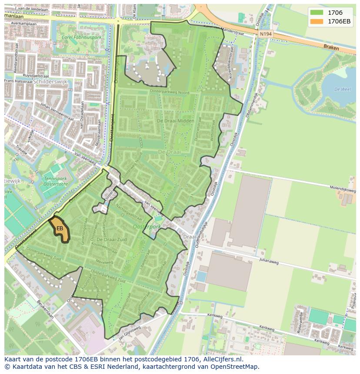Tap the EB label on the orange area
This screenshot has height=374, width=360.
coord(60,228)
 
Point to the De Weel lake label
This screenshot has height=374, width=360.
coord(342,89)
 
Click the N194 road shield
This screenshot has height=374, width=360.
coord(265,33)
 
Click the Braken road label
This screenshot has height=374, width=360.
coord(331,47)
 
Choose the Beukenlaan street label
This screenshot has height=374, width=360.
coord(45,309)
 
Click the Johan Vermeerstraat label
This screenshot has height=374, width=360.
coord(57,112)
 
